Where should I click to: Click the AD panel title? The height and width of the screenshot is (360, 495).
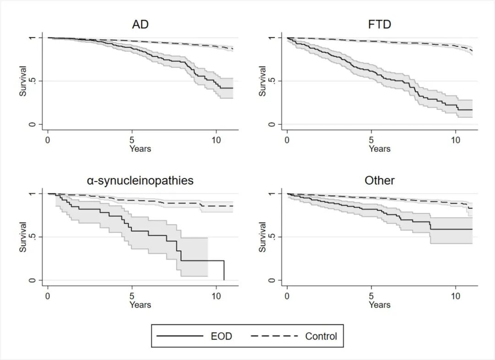click(140, 24)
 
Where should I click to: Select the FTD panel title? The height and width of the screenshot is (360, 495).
click(379, 24)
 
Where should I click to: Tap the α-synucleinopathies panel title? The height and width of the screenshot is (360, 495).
click(140, 181)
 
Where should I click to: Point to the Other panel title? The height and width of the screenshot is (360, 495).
click(379, 181)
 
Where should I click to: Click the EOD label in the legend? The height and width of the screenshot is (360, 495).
click(221, 336)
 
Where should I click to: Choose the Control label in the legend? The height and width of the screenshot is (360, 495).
click(321, 336)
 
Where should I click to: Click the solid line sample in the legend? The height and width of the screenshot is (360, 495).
click(180, 336)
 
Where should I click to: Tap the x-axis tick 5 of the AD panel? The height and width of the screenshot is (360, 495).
click(132, 139)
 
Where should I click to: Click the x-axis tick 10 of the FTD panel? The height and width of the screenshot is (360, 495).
click(455, 139)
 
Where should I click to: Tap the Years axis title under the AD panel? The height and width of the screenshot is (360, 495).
click(140, 149)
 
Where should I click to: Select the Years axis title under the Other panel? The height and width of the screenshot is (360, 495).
click(379, 305)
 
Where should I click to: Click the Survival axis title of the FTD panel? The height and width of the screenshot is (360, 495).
click(263, 81)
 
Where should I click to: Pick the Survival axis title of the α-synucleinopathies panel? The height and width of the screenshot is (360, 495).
click(23, 237)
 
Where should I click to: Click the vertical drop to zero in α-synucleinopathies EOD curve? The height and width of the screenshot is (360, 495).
click(224, 271)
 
